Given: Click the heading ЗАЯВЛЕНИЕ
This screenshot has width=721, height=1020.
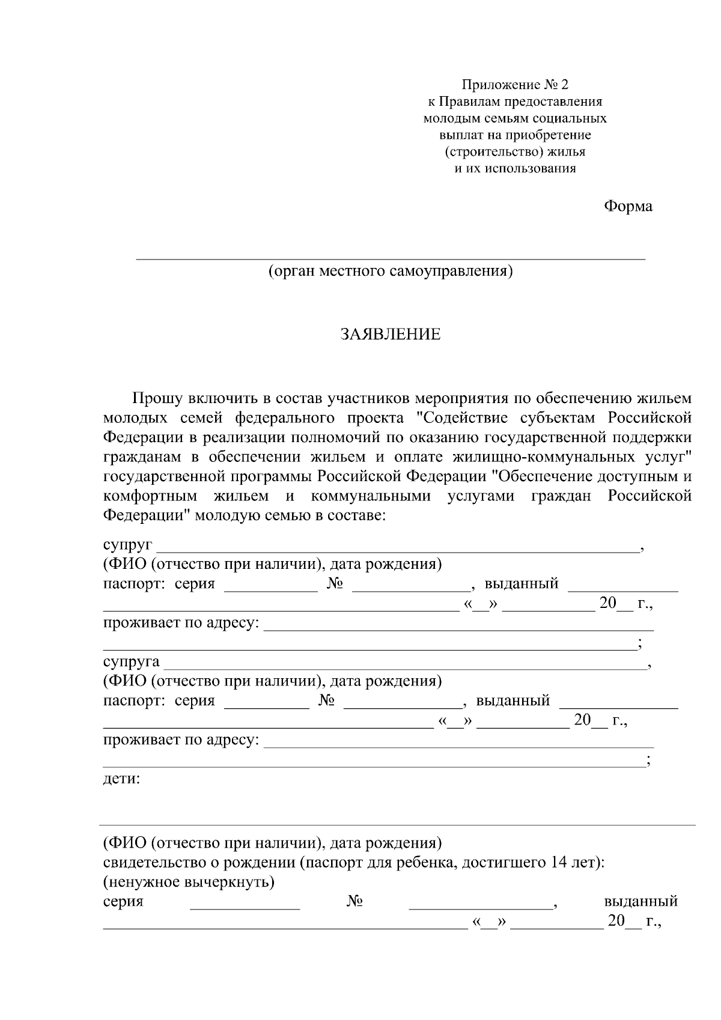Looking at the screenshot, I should [391, 335].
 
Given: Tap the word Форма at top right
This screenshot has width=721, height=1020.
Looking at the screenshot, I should [628, 207].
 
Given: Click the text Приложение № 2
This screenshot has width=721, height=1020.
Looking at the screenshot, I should [514, 85].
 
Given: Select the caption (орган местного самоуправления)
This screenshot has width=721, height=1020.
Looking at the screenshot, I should [391, 271].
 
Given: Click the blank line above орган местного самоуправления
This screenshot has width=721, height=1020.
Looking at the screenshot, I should [391, 258].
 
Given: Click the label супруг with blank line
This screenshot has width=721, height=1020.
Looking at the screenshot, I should [127, 545].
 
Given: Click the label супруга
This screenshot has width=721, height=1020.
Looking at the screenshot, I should [131, 662].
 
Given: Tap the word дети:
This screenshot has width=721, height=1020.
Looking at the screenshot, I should [121, 779].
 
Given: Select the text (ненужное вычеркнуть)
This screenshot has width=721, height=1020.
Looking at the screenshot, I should [189, 882].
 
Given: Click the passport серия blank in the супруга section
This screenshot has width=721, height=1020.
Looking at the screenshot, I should [266, 707].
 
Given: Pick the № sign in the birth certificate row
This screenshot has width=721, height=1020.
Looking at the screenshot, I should [355, 902].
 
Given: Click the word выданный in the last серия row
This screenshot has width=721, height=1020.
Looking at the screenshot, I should [640, 902].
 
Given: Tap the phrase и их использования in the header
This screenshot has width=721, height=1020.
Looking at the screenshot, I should [514, 168].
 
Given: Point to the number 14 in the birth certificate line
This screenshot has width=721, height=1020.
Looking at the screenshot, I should [557, 863].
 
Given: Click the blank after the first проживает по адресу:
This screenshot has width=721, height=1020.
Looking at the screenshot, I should [459, 628].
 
